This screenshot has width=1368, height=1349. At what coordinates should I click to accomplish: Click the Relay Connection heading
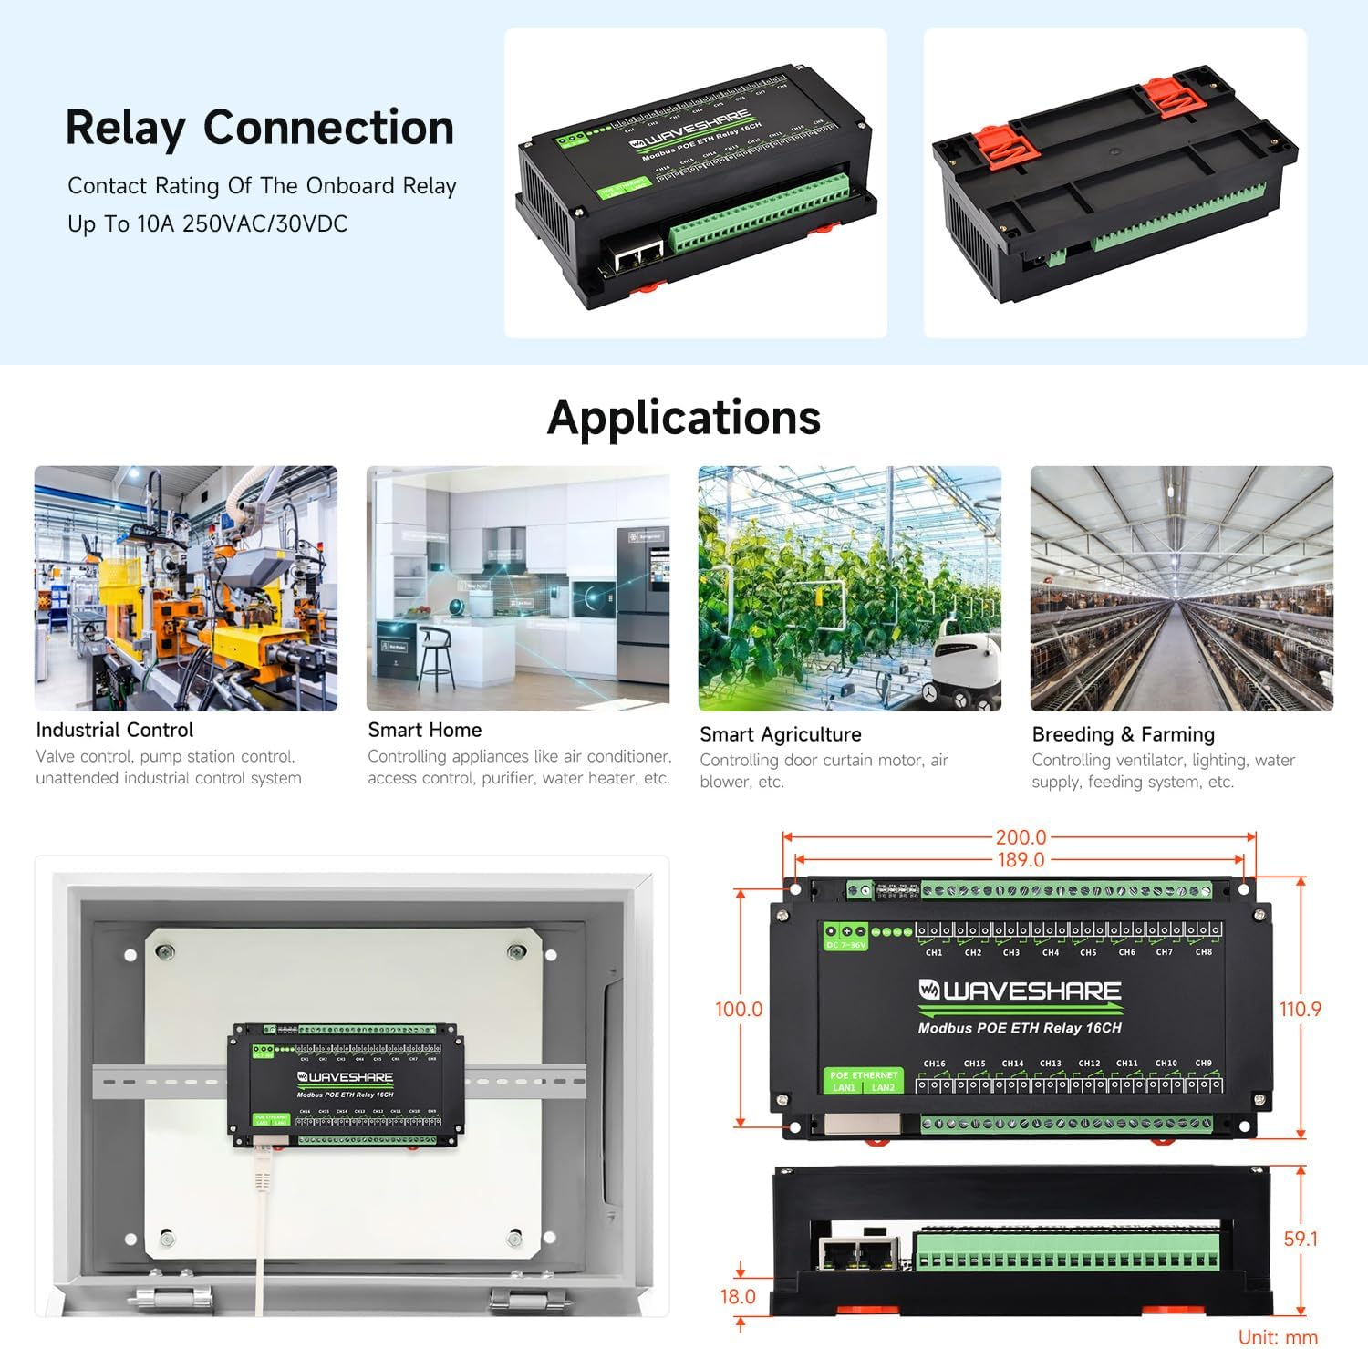click(x=260, y=128)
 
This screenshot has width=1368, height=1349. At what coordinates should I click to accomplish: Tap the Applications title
click(x=684, y=418)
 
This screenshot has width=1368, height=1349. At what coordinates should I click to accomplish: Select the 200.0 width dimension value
click(x=1021, y=837)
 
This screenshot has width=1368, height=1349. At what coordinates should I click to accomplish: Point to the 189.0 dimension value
click(x=1021, y=859)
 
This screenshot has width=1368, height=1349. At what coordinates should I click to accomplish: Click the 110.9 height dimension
click(x=1300, y=1009)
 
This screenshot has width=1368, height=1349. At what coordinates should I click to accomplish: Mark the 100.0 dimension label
click(x=738, y=1009)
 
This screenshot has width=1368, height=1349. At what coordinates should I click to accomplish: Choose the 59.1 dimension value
click(x=1301, y=1239)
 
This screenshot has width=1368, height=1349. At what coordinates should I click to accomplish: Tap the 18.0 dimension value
click(x=738, y=1296)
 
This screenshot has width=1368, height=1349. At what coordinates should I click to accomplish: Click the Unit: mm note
click(x=1278, y=1337)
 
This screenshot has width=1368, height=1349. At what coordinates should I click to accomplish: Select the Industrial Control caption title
click(x=115, y=730)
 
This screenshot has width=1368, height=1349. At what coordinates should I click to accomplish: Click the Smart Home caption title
click(x=424, y=730)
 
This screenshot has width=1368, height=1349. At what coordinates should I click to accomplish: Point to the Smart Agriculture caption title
click(x=780, y=734)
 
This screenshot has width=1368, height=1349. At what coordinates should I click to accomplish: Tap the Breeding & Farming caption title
click(x=1123, y=734)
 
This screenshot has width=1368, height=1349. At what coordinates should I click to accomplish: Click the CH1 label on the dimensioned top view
click(x=934, y=952)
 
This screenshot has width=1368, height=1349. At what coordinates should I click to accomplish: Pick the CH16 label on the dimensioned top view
click(x=934, y=1063)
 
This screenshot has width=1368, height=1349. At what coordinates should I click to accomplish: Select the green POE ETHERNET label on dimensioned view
click(x=864, y=1075)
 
